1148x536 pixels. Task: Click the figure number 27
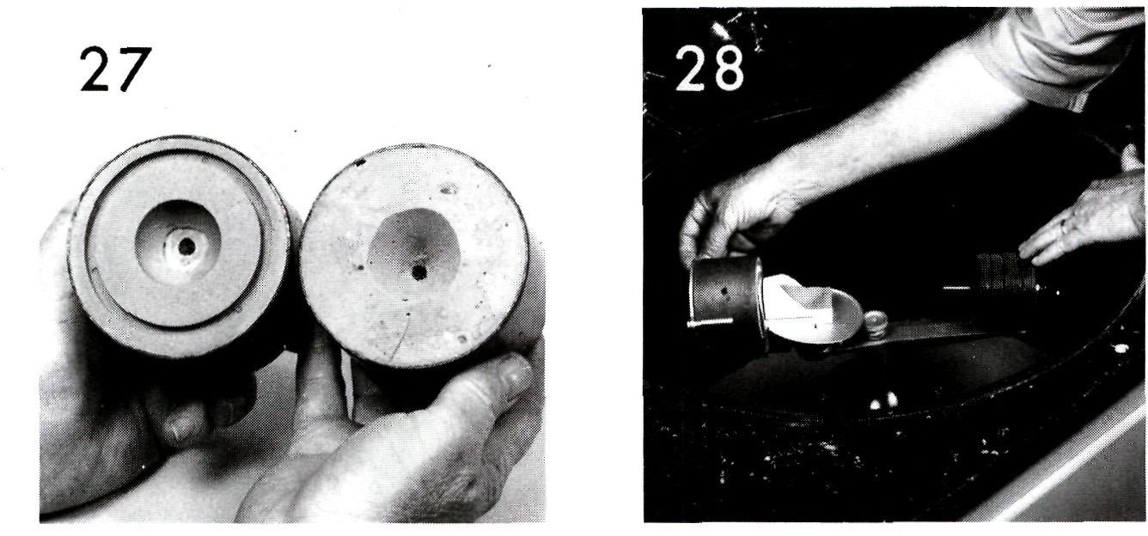click(116, 70)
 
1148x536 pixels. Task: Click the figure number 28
click(709, 68)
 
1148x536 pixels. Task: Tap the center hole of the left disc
click(186, 247)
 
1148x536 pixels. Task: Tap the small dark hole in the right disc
click(419, 271)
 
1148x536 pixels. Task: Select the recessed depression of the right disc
click(414, 251)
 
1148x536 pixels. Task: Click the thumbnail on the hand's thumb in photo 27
click(516, 373)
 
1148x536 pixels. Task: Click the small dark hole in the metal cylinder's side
click(724, 292)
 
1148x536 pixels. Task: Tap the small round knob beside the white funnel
click(876, 323)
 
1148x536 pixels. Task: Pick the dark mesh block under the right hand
click(1001, 272)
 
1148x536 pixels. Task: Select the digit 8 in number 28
click(728, 68)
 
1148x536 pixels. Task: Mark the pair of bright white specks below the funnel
click(883, 401)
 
